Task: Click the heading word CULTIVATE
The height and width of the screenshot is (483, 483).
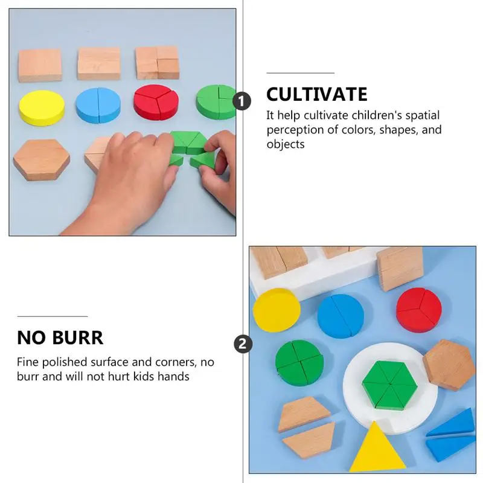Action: pyautogui.click(x=316, y=94)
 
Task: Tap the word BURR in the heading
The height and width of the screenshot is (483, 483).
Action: pyautogui.click(x=78, y=337)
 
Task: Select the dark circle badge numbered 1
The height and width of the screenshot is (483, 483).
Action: pyautogui.click(x=242, y=101)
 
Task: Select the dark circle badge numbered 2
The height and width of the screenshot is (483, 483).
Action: pyautogui.click(x=243, y=344)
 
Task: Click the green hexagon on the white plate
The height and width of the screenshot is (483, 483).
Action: pyautogui.click(x=389, y=385)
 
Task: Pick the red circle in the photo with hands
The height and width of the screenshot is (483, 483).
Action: pyautogui.click(x=156, y=102)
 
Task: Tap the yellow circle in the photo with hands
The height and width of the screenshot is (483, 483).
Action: pyautogui.click(x=42, y=107)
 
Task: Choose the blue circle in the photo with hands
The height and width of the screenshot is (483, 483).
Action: pyautogui.click(x=98, y=105)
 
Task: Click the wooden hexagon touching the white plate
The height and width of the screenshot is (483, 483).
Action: pyautogui.click(x=449, y=365)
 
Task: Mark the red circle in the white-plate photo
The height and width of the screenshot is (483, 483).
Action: pyautogui.click(x=419, y=310)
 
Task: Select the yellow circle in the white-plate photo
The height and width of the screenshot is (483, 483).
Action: pyautogui.click(x=277, y=310)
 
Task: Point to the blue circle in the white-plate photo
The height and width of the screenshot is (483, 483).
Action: pyautogui.click(x=341, y=316)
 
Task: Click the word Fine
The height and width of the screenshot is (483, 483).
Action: pyautogui.click(x=28, y=362)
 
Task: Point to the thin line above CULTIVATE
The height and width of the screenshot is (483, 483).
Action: pyautogui.click(x=300, y=73)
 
